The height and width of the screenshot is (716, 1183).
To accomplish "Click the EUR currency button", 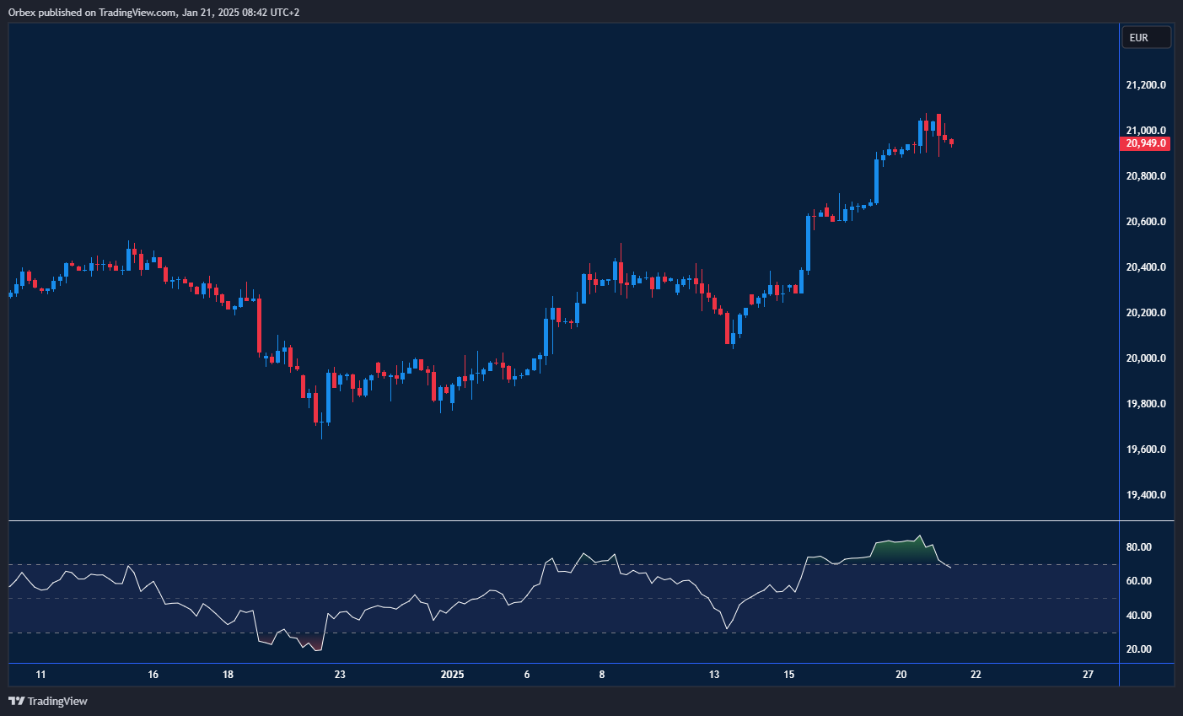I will (1146, 37).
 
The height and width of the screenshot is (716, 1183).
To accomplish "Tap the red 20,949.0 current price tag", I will (1146, 143).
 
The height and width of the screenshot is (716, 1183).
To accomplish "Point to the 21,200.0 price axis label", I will (1146, 85).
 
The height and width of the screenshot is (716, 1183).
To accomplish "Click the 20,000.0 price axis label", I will (1146, 358).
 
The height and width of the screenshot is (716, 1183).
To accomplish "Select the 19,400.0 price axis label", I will (1146, 495).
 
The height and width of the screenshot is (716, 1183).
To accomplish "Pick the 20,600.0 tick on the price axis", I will (1146, 222).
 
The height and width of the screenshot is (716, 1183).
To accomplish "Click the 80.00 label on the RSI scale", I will (1138, 547).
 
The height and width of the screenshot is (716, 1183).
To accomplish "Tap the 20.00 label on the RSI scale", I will (1138, 649).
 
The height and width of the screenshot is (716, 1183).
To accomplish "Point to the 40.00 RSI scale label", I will (1138, 616).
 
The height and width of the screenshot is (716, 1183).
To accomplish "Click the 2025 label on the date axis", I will (453, 675).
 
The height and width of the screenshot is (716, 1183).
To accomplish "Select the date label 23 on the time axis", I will (340, 675).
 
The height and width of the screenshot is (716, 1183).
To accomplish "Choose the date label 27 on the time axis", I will (1089, 675).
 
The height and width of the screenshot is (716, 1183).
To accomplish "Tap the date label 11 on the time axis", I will (40, 675).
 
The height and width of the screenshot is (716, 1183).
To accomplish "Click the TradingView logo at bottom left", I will (48, 701).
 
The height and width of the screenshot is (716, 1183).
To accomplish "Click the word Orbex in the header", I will (21, 13).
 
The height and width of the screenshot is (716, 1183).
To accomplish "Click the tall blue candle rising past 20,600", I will (809, 243).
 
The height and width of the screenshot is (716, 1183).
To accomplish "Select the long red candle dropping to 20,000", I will (259, 326).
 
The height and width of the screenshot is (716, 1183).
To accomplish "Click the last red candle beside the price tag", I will (951, 143).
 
